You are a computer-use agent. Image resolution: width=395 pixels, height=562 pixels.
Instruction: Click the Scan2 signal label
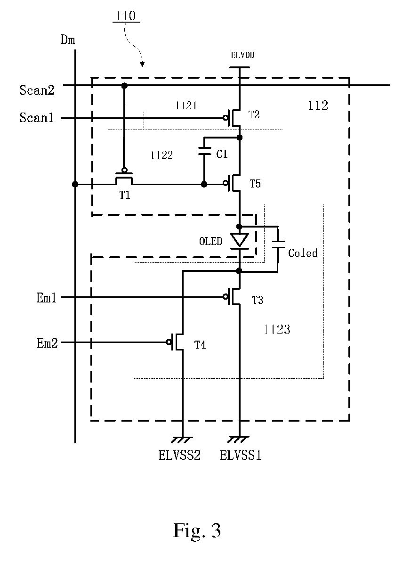tap(37, 90)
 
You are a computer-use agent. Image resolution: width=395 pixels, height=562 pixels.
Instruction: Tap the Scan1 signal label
tap(37, 118)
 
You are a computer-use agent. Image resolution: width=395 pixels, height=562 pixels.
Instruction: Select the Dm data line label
tap(68, 40)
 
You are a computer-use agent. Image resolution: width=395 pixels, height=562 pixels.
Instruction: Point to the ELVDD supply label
tap(242, 55)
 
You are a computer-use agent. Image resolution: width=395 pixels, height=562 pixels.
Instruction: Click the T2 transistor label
tap(254, 114)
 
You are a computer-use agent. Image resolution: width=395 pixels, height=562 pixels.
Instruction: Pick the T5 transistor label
tap(255, 184)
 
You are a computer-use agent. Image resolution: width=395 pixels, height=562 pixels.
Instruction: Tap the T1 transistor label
tap(125, 195)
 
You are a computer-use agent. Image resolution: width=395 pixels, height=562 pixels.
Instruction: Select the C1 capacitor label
tap(222, 154)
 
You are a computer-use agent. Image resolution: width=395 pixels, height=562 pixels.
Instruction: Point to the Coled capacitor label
tap(303, 253)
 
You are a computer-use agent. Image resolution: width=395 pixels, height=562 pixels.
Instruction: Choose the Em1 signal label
tap(47, 298)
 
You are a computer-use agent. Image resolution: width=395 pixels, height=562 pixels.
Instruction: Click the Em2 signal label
tap(47, 343)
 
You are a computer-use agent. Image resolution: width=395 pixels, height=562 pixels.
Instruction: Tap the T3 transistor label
tap(258, 300)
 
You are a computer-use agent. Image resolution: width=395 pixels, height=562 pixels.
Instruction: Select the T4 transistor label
tap(200, 345)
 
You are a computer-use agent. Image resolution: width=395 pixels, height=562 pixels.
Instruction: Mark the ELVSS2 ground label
tap(179, 455)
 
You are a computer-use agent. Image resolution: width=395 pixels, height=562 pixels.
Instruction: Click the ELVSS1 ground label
tap(240, 455)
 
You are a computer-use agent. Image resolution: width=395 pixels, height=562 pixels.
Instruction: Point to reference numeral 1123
tap(277, 329)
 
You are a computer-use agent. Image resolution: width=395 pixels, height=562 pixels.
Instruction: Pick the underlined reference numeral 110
tap(126, 16)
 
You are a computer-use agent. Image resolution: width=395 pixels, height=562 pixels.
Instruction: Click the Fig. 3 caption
tap(197, 530)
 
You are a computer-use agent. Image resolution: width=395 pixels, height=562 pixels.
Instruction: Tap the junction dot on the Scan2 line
tap(124, 85)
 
